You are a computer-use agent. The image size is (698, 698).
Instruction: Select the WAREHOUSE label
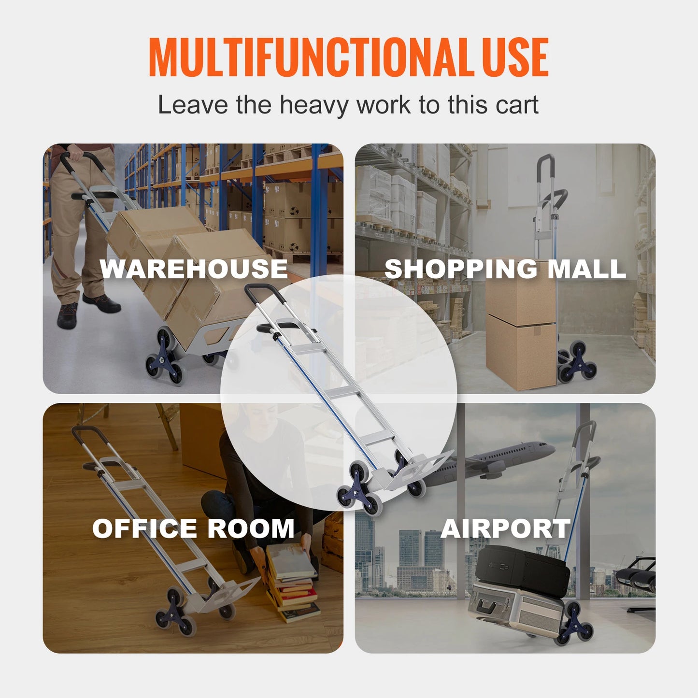[193, 269]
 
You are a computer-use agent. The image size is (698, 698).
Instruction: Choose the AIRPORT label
[505, 528]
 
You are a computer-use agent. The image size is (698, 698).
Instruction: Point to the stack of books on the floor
[292, 584]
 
